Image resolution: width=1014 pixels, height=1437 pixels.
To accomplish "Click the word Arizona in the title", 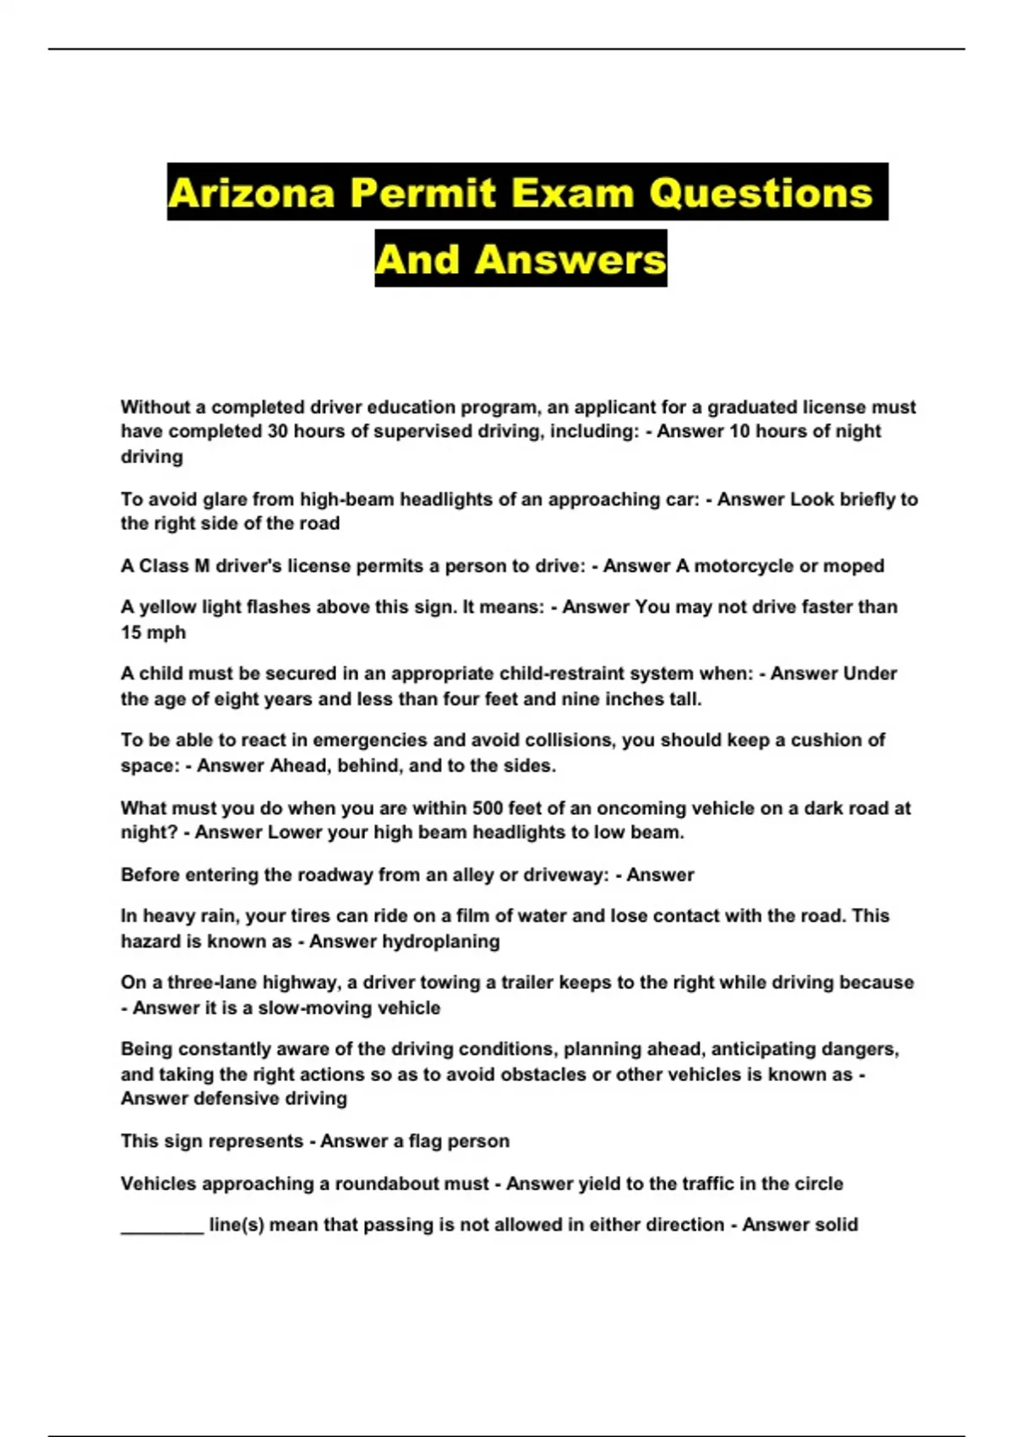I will click(x=252, y=193).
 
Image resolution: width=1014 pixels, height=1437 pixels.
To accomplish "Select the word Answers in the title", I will click(x=570, y=259).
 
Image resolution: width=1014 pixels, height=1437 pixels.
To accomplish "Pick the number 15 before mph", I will click(x=131, y=632).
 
